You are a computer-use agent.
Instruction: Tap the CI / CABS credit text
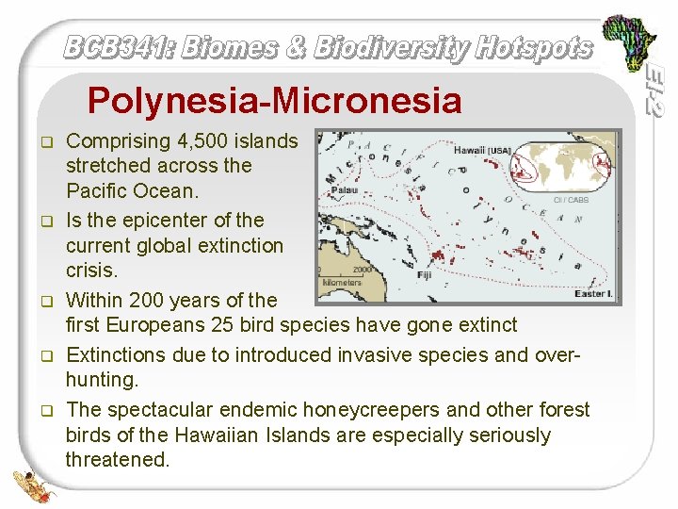pos(571,200)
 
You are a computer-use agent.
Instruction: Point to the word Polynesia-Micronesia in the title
pos(274,100)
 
